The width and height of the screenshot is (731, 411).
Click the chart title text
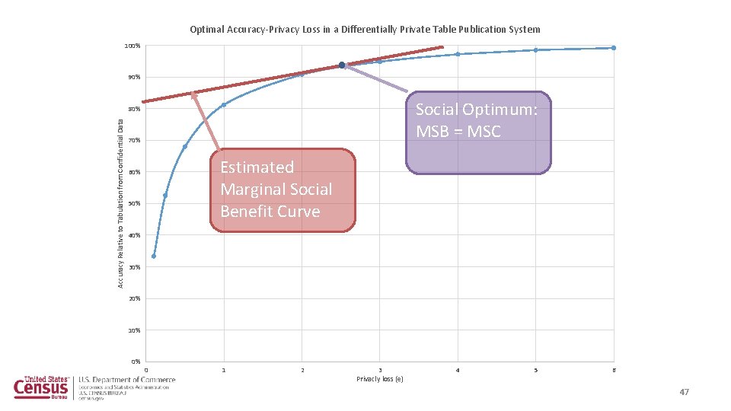coord(365,30)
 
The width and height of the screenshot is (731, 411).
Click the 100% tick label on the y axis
coord(132,46)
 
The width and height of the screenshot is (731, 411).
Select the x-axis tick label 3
coord(380,370)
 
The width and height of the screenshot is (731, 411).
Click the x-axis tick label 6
coord(614,370)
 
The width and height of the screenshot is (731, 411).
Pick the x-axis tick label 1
coord(224,370)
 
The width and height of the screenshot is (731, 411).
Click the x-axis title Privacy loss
coord(379,378)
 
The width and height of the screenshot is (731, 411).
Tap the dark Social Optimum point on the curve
coord(342,65)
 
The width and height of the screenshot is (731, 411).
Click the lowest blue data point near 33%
coord(154,256)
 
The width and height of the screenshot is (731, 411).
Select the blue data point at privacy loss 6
coord(613,48)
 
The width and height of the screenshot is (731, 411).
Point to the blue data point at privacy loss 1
coord(224,104)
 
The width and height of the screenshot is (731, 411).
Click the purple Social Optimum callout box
coord(477,133)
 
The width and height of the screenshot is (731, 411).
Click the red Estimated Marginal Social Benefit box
coord(283,190)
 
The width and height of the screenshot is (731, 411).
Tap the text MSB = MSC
coord(458,132)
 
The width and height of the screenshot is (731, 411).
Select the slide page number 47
coord(684,392)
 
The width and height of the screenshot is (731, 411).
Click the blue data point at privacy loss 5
coord(535,50)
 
